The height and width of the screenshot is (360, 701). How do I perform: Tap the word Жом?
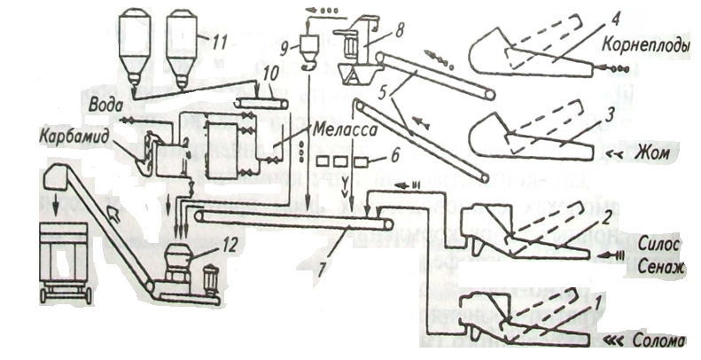tap(656, 153)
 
